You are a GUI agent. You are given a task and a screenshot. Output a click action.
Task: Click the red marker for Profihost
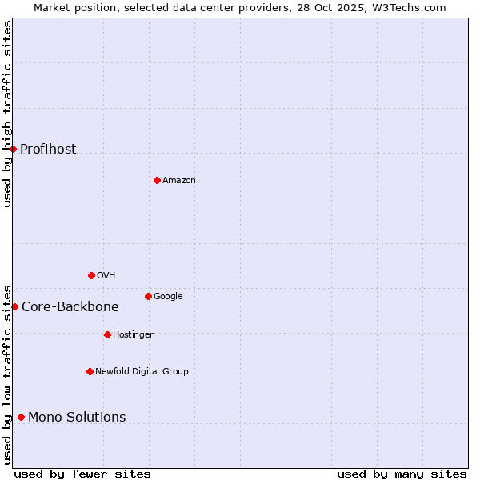tap(13, 149)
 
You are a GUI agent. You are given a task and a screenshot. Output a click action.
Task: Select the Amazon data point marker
tap(157, 180)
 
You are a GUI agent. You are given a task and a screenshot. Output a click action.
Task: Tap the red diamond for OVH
tap(91, 275)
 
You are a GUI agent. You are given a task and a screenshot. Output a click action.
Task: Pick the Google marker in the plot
tap(148, 296)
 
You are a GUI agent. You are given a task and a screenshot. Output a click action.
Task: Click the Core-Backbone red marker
tap(14, 306)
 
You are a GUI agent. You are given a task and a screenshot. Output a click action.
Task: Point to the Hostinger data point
tap(107, 334)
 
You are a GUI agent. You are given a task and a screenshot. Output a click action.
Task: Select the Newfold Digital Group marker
tap(90, 371)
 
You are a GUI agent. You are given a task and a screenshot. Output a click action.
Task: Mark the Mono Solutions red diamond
tap(21, 417)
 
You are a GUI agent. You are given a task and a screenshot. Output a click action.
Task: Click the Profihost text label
tap(48, 150)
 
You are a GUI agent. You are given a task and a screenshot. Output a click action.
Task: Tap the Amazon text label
tap(179, 181)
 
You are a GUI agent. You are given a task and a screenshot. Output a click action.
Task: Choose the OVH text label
tap(106, 276)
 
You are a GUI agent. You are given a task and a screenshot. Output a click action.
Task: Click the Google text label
tap(168, 297)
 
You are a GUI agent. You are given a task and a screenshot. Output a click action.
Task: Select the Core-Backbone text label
tap(70, 307)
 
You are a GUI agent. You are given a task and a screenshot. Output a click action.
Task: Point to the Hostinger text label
tap(133, 335)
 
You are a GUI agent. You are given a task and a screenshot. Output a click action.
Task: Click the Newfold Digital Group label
tap(142, 372)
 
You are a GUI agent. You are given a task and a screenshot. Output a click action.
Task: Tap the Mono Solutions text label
tap(77, 418)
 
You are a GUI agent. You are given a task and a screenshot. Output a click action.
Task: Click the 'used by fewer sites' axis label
tap(82, 474)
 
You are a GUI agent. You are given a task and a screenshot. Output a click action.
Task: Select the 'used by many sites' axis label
tap(402, 474)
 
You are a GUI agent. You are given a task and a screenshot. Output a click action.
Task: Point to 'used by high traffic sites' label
tap(7, 114)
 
